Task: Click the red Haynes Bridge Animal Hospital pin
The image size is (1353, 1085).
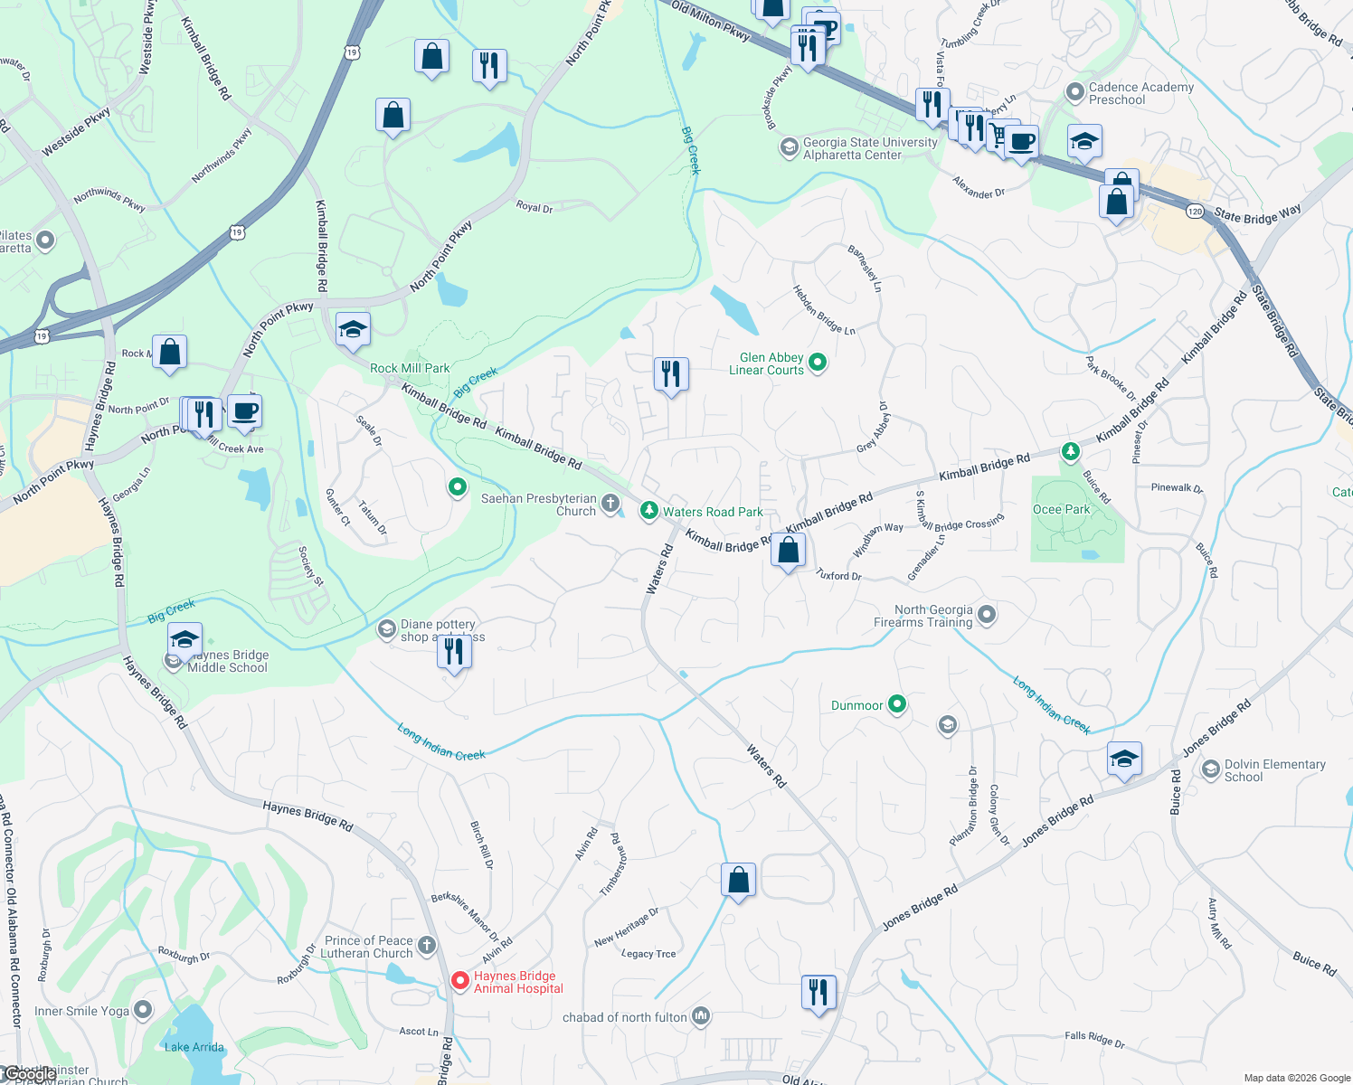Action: click(459, 981)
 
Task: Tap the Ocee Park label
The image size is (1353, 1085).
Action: click(1061, 510)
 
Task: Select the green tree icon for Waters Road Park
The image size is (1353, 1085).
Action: click(648, 512)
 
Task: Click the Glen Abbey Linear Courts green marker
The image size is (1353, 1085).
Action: click(818, 363)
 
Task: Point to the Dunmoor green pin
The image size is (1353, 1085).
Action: click(896, 704)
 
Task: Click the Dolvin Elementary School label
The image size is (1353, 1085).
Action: click(1274, 770)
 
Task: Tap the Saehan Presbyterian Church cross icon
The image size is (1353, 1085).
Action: click(610, 504)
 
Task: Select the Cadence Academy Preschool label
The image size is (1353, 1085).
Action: click(1140, 93)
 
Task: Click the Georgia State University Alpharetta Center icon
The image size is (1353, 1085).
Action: click(789, 147)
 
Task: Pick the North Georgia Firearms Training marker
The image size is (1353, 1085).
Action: click(987, 616)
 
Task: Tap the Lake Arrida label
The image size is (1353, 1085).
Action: click(194, 1047)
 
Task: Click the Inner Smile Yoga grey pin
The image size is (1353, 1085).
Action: click(143, 1009)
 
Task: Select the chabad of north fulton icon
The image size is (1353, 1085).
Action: click(701, 1017)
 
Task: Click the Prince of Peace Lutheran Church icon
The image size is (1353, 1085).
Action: click(427, 946)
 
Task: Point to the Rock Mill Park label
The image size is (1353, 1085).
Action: click(410, 368)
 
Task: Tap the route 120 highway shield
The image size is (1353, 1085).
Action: click(1194, 212)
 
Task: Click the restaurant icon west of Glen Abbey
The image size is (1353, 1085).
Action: click(671, 373)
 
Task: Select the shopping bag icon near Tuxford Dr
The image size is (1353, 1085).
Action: click(788, 550)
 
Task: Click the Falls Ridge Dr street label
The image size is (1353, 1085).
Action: click(1094, 1039)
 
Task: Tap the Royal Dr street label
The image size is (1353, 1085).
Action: click(534, 207)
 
